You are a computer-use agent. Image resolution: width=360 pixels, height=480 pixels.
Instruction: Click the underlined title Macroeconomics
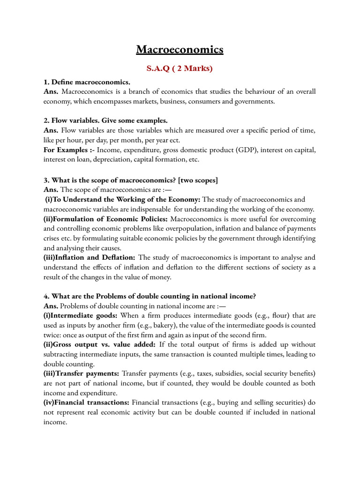180,49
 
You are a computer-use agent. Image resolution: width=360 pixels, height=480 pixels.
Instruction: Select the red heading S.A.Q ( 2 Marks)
180,69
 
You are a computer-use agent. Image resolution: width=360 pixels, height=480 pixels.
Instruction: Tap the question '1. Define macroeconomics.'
87,82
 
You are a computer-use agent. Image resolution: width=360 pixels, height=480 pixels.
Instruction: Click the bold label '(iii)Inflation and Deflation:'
90,257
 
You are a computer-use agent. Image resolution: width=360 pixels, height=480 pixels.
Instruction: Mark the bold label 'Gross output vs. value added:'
107,345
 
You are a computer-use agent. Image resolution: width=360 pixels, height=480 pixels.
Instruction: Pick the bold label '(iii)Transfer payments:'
81,374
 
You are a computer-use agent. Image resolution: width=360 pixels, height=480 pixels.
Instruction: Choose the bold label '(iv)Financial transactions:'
87,403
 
